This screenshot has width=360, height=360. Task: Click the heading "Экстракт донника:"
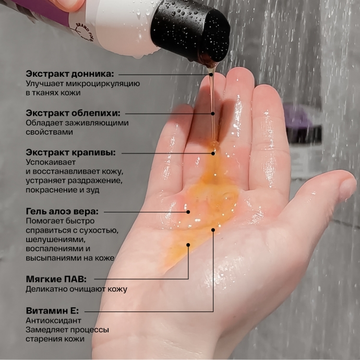pos(70,74)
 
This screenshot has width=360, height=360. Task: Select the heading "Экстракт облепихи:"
pos(73,113)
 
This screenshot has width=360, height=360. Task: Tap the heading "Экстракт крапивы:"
pos(71,152)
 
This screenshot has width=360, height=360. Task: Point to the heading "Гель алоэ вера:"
pos(62,211)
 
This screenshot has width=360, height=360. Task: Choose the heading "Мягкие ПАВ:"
pos(56,279)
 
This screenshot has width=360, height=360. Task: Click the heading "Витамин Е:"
pos(52,310)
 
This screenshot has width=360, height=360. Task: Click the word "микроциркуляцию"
pos(103,84)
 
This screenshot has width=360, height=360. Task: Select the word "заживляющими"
pos(97,123)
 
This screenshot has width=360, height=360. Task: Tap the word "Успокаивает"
pos(51,162)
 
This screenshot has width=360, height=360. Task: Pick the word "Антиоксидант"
pos(54,320)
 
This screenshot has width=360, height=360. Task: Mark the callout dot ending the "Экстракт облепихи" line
pos(213,114)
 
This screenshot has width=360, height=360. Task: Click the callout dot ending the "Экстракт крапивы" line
pos(213,153)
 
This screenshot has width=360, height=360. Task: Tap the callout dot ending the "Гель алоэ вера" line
pos(188,212)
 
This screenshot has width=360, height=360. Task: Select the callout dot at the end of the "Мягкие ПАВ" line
pos(188,245)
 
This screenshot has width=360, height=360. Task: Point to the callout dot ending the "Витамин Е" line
pos(213,230)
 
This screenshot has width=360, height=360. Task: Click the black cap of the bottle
pos(190,30)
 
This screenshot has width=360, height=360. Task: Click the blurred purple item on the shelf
pos(298,117)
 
